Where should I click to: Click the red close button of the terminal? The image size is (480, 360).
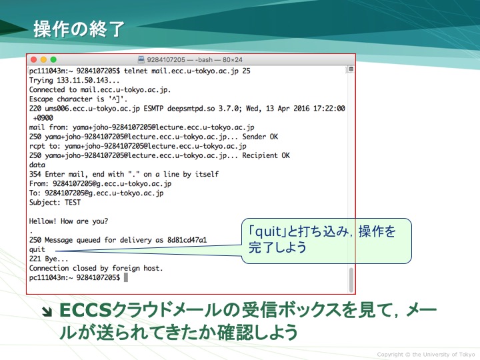point(34,60)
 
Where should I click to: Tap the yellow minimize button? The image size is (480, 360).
point(43,60)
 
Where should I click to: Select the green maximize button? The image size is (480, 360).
point(53,60)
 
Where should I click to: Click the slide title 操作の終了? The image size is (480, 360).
point(79,29)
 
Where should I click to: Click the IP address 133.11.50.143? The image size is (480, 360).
point(83,81)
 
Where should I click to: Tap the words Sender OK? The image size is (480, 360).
point(260,137)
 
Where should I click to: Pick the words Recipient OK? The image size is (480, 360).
point(266,155)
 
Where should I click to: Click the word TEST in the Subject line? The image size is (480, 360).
point(73,203)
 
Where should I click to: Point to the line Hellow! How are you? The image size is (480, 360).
point(69,221)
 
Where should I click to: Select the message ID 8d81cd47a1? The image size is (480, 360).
point(187,240)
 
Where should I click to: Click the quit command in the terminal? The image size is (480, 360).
point(37,250)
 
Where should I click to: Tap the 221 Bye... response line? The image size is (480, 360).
point(49,259)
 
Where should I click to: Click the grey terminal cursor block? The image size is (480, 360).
point(126,277)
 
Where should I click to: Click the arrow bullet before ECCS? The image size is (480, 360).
point(47,311)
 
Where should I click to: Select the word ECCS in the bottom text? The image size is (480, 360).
point(85,310)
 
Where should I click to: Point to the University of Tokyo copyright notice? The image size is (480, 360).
point(426,355)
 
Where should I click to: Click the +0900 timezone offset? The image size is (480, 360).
point(43,118)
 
